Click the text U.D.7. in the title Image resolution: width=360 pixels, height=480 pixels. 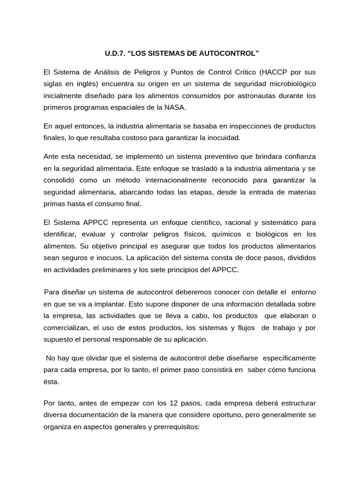tap(114, 54)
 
